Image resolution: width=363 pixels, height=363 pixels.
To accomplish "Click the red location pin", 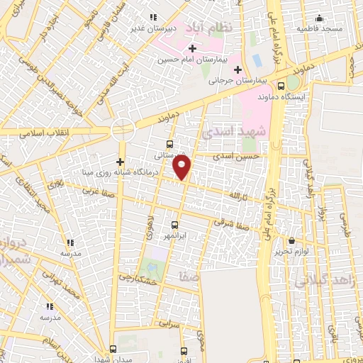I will coord(183,167).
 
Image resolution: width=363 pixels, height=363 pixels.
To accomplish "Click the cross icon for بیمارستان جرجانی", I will coord(238,69).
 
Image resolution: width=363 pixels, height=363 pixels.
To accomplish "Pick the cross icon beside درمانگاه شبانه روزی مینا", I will coord(121,161).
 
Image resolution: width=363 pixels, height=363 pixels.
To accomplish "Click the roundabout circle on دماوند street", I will coord(123,130).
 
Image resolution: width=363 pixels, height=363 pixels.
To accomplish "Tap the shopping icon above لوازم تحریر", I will coord(293,241).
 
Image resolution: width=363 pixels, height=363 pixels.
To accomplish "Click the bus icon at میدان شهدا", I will coord(113,348).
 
